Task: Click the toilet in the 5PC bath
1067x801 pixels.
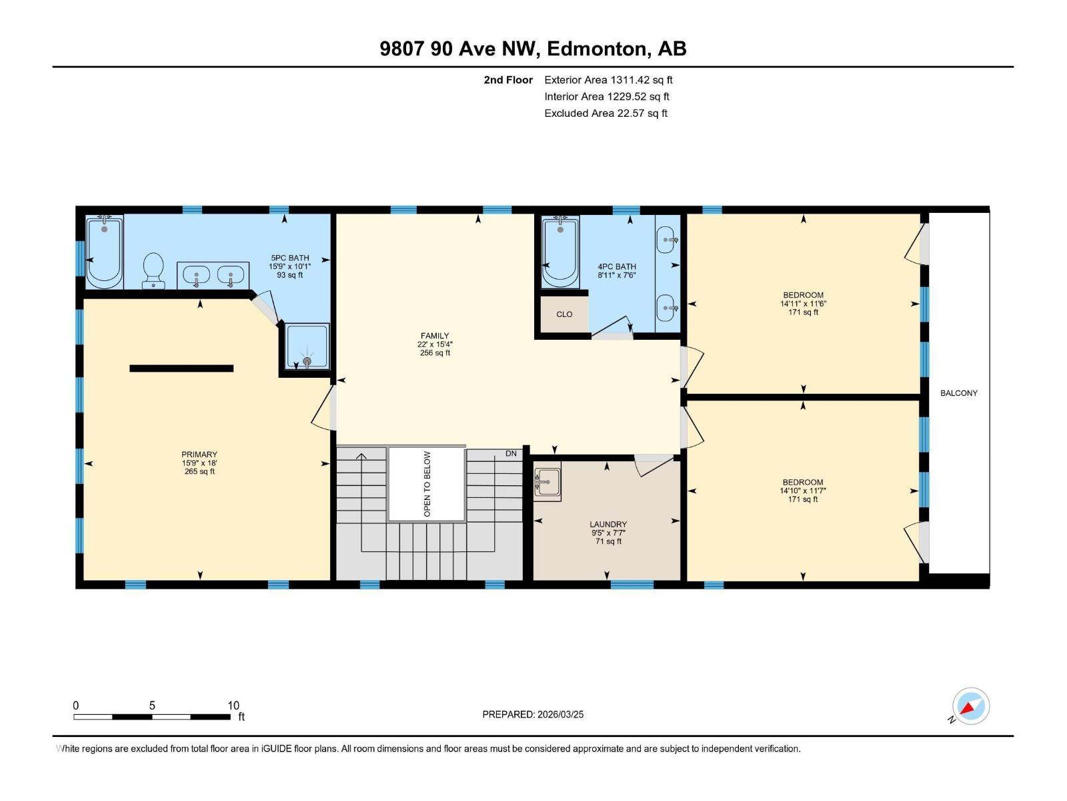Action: pyautogui.click(x=153, y=270)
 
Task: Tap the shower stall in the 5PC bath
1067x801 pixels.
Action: pyautogui.click(x=307, y=346)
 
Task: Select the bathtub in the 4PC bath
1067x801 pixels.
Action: pyautogui.click(x=560, y=252)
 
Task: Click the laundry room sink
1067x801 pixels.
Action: pyautogui.click(x=548, y=481)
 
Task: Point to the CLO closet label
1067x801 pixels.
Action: pyautogui.click(x=564, y=314)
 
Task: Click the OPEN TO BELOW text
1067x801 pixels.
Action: pyautogui.click(x=427, y=484)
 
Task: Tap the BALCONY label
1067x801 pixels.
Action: pyautogui.click(x=958, y=393)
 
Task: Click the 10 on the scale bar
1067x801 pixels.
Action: pyautogui.click(x=233, y=706)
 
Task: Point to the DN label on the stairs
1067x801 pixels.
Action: pyautogui.click(x=511, y=454)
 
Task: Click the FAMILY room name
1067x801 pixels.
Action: pyautogui.click(x=434, y=336)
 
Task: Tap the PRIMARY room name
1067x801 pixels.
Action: pyautogui.click(x=199, y=455)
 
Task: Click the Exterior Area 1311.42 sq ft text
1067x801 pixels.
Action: pyautogui.click(x=608, y=80)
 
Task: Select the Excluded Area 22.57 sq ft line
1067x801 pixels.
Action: pyautogui.click(x=606, y=113)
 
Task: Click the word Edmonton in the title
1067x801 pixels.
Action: pyautogui.click(x=597, y=49)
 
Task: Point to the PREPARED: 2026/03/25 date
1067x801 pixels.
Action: pyautogui.click(x=533, y=714)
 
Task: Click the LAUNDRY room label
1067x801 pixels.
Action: pyautogui.click(x=608, y=525)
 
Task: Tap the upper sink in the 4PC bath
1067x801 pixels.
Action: pyautogui.click(x=667, y=236)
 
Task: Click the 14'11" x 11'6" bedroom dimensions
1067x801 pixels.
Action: pyautogui.click(x=803, y=304)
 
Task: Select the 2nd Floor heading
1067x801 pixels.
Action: pyautogui.click(x=508, y=80)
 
